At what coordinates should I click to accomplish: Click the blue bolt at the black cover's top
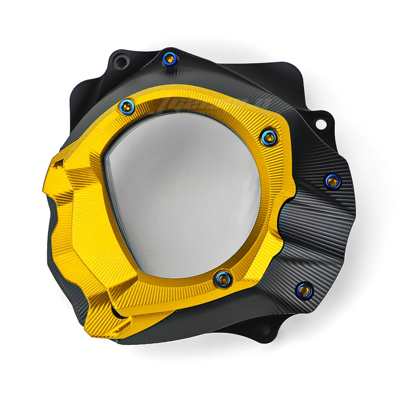[x=170, y=59]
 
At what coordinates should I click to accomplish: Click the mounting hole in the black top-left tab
[x=119, y=62]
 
